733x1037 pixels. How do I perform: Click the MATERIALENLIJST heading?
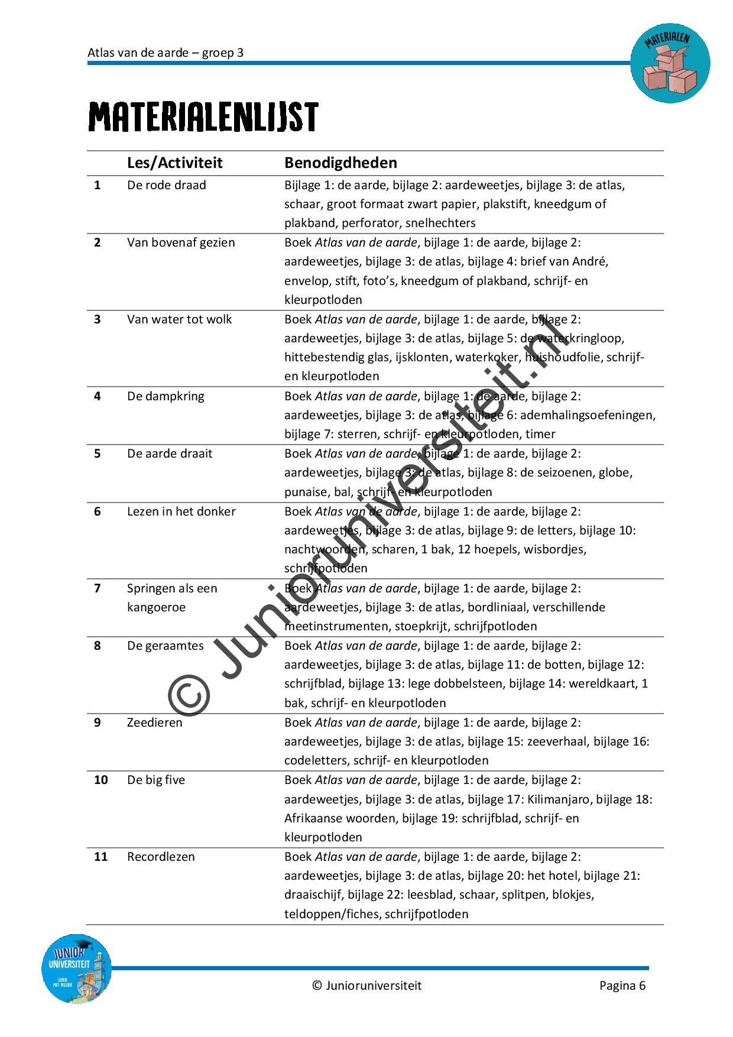[x=203, y=116]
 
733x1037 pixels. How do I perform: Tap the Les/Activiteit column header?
[x=174, y=163]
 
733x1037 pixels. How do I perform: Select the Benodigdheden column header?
[x=340, y=163]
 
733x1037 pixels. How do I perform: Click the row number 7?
[x=98, y=588]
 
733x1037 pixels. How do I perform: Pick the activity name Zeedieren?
[x=154, y=722]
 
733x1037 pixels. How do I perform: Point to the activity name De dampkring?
[x=166, y=396]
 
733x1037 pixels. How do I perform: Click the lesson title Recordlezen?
[x=161, y=857]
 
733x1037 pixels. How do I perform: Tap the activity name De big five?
[x=156, y=780]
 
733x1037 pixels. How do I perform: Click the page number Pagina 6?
[x=622, y=986]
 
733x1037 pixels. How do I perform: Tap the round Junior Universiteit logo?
[x=77, y=968]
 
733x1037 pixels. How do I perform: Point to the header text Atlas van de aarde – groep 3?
[x=166, y=53]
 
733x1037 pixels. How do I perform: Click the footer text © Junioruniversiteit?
[x=367, y=986]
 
